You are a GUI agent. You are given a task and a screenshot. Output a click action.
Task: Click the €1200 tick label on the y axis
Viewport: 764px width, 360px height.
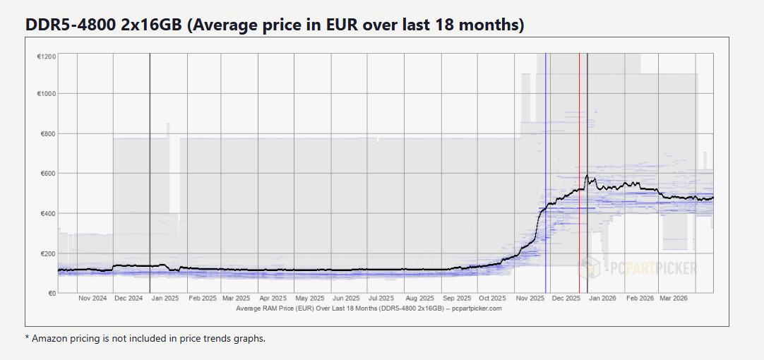47,56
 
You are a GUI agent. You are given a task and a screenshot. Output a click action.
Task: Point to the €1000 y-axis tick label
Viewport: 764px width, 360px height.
47,94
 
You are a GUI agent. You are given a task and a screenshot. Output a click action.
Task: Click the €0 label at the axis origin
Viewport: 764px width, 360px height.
52,293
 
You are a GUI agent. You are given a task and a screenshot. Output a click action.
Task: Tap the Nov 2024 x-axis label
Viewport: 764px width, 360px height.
92,299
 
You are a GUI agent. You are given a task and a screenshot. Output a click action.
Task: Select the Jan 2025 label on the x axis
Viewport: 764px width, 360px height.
165,299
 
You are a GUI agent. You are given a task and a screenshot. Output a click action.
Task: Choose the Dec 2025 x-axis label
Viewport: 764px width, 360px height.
566,299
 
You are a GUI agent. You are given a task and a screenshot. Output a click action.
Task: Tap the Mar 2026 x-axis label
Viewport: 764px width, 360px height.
674,299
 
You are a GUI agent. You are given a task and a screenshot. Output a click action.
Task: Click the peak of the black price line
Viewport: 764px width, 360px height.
587,176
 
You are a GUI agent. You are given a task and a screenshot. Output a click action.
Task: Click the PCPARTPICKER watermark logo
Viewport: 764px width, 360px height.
638,268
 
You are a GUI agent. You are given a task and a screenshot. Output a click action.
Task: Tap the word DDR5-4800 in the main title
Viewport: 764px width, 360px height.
66,25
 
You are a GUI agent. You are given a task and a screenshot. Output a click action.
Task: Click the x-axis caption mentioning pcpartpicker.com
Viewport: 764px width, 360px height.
369,308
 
